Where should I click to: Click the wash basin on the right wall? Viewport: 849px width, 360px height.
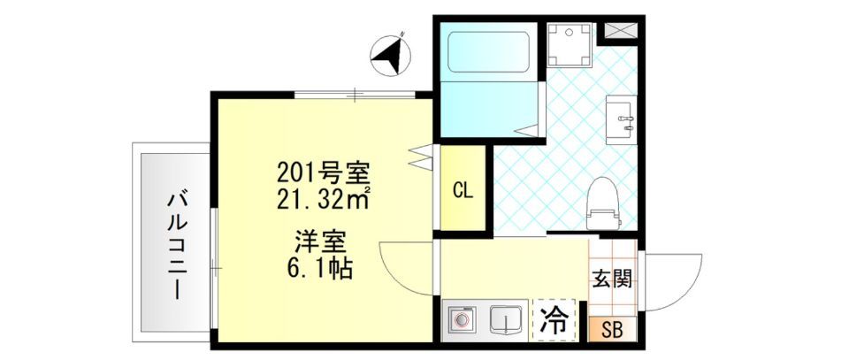(x=621, y=119)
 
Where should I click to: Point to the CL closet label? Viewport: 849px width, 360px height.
(x=463, y=189)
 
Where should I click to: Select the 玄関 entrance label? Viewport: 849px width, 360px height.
(x=611, y=280)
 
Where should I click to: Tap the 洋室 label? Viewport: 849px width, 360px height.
(x=320, y=241)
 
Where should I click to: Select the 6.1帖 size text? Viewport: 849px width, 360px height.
(x=320, y=267)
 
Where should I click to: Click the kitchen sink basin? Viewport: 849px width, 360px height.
(x=504, y=319)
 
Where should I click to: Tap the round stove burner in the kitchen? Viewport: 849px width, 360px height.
(x=461, y=319)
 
